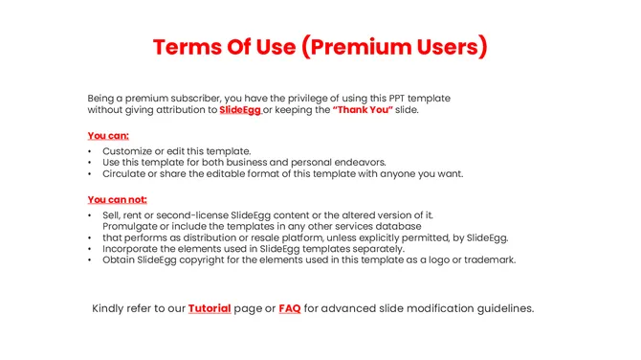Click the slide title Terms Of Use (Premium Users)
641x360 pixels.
tap(320, 47)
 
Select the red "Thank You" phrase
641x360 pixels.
tap(363, 110)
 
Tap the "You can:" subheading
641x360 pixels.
tap(108, 135)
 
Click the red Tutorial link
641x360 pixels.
tap(210, 308)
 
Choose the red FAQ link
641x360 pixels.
tap(290, 308)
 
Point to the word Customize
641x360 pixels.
tap(128, 151)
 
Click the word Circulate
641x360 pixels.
tap(126, 174)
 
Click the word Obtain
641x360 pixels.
tap(121, 259)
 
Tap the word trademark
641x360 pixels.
tap(487, 259)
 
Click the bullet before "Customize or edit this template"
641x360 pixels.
tap(90, 151)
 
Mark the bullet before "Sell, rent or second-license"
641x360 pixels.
tap(90, 215)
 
